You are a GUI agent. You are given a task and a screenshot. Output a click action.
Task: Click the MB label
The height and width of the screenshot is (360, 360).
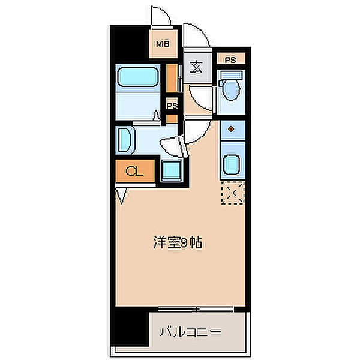coord(162,44)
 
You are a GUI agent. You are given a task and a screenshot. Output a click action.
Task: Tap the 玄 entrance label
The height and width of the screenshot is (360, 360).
coord(196,67)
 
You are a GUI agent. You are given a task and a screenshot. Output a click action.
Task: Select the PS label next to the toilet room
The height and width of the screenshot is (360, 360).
coord(230,59)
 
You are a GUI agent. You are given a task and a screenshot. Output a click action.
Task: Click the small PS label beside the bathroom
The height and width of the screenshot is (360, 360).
coord(172,106)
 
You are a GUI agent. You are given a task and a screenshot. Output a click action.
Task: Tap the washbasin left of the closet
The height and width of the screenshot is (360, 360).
coord(124,139)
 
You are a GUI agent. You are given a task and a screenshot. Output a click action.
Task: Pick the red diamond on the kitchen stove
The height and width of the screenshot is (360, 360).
coord(232,129)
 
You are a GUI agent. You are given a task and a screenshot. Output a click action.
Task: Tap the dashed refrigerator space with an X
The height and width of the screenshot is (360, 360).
coord(232,193)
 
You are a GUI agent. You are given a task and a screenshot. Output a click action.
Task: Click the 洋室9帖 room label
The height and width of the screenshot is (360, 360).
coord(176,243)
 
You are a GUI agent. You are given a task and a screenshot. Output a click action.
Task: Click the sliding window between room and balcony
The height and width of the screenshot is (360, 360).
coord(196,309)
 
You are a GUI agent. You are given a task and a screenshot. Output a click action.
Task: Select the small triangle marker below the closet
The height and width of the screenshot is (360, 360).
coord(121,194)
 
